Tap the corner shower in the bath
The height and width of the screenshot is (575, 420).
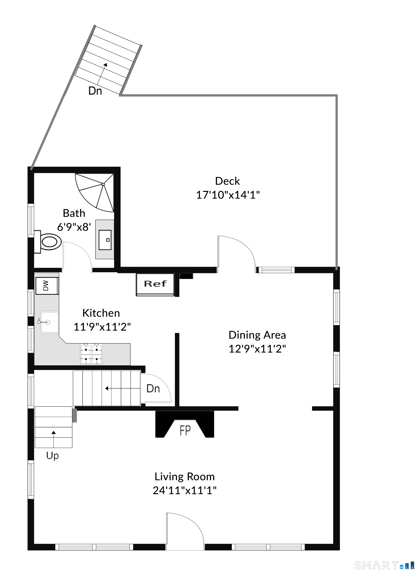tap(96, 192)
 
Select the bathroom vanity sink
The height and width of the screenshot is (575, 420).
tap(105, 240)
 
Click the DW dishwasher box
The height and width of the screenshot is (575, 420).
tap(47, 286)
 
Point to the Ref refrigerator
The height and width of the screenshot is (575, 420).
tap(155, 284)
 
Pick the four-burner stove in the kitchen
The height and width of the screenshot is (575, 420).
tap(91, 354)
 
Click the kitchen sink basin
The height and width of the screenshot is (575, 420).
tap(50, 322)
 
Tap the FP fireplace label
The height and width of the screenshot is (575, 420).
tap(185, 431)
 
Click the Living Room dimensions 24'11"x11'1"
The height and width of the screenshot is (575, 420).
tap(185, 490)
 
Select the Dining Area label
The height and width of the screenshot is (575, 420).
tap(257, 335)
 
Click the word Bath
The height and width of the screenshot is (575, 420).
tap(74, 213)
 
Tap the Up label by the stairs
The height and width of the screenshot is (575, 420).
tap(52, 455)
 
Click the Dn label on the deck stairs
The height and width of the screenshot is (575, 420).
tap(95, 91)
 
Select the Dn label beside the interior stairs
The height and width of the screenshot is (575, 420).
tap(153, 388)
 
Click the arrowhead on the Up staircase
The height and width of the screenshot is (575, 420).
tap(54, 432)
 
